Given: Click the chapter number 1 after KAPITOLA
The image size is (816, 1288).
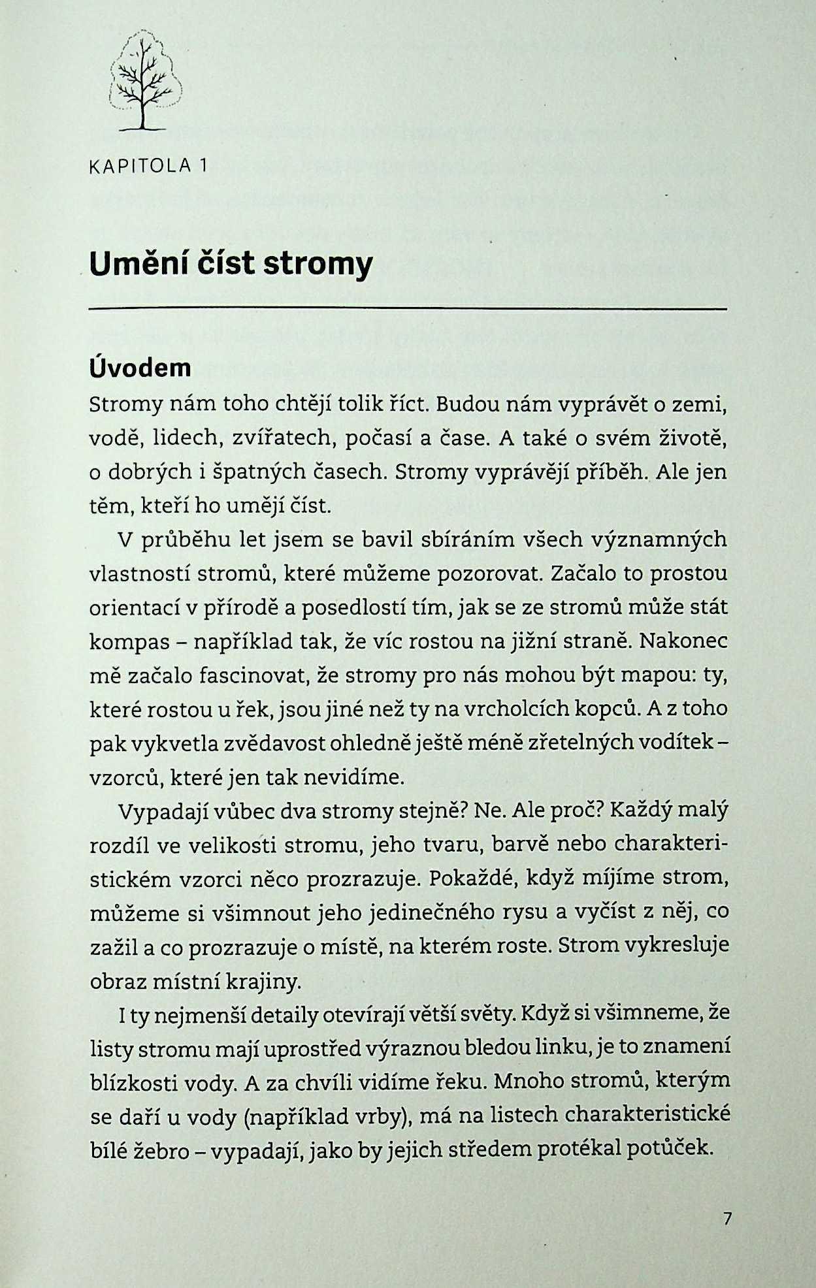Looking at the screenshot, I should coord(203,167).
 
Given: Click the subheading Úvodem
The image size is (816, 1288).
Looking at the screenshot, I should coord(140,368).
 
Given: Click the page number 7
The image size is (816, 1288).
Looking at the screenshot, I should coord(727,1219).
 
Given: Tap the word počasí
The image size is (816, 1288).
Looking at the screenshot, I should coord(378,438).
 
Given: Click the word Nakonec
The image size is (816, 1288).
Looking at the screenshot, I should coord(683,641).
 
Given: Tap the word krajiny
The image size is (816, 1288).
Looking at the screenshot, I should coord(269,981).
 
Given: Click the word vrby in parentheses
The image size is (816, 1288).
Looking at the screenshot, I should coord(378,1118).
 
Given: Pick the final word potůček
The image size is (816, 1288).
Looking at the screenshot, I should coord(667,1151).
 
